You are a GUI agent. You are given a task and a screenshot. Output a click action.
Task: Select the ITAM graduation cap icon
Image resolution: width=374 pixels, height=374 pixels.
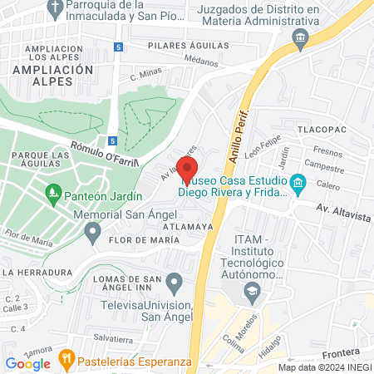(251, 290)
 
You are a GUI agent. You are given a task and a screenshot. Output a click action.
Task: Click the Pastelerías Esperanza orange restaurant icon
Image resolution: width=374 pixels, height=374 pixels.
(66, 361)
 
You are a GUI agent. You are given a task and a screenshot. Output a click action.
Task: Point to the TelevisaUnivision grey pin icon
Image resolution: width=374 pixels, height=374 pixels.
(174, 283)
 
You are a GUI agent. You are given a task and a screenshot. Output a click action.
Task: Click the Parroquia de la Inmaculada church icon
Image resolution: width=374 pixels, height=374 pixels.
(56, 9)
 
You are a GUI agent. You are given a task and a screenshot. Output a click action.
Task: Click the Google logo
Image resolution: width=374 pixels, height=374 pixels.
(28, 363)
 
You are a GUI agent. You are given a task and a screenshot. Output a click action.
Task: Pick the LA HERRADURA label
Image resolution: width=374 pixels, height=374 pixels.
(36, 272)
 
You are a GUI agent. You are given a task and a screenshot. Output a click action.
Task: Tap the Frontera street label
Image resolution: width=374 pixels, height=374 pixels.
(343, 352)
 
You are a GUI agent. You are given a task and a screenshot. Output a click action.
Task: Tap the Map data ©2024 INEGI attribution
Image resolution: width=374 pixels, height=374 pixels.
(324, 367)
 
